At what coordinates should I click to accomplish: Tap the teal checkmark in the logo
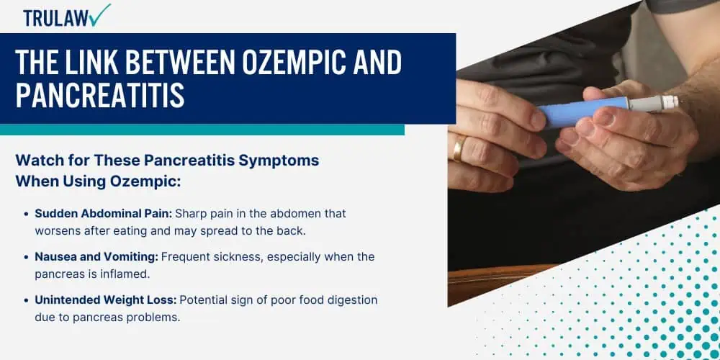pyautogui.click(x=101, y=14)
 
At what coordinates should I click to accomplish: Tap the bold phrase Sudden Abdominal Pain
pyautogui.click(x=103, y=214)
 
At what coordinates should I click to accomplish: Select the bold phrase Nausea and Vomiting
pyautogui.click(x=96, y=257)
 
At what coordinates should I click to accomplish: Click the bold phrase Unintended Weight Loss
pyautogui.click(x=106, y=300)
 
